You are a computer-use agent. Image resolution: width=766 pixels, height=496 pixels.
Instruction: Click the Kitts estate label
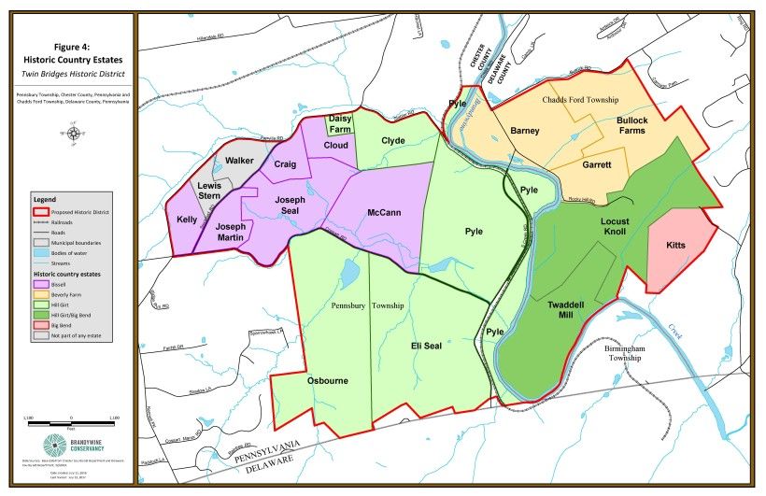point(675,245)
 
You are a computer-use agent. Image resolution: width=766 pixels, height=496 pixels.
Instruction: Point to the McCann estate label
point(384,213)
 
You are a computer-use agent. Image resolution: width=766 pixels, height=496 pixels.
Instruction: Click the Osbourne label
point(327,381)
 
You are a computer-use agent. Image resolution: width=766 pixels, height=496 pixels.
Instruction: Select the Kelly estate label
point(187,220)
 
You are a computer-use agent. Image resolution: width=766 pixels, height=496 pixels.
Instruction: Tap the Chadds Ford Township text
point(579,99)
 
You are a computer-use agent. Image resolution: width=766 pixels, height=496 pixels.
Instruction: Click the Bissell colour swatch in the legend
point(41,284)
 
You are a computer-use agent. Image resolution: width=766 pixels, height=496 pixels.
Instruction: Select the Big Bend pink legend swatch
point(41,325)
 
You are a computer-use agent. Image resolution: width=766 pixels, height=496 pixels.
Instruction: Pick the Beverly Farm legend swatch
point(41,294)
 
